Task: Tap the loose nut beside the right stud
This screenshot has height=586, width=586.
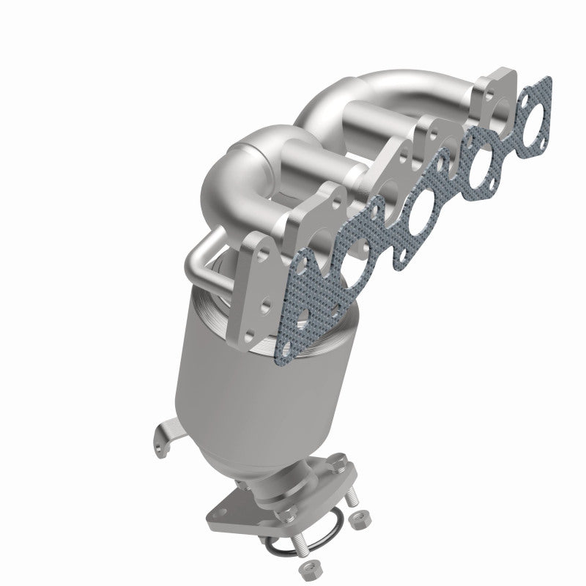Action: pos(360,520)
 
